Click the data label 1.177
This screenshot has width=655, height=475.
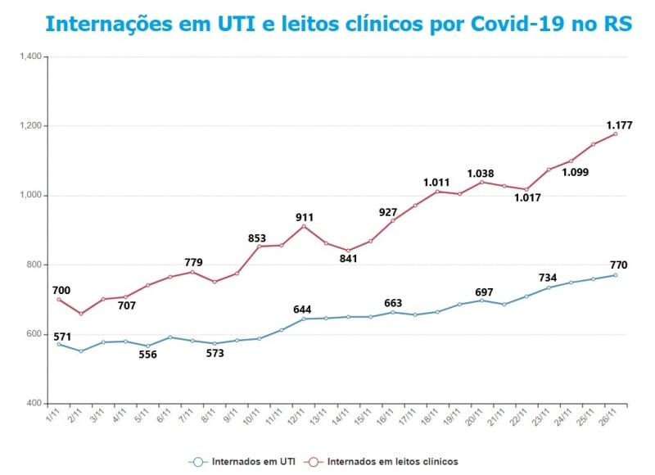[x=620, y=125]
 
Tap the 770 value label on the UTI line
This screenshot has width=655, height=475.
[x=619, y=265]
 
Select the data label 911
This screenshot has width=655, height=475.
[x=305, y=217]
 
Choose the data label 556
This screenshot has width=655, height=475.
[x=147, y=355]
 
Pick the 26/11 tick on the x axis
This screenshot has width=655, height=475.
[x=607, y=415]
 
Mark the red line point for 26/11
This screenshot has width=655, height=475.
[x=615, y=134]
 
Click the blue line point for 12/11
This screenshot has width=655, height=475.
[x=303, y=319]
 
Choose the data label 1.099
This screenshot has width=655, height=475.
[x=576, y=172]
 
